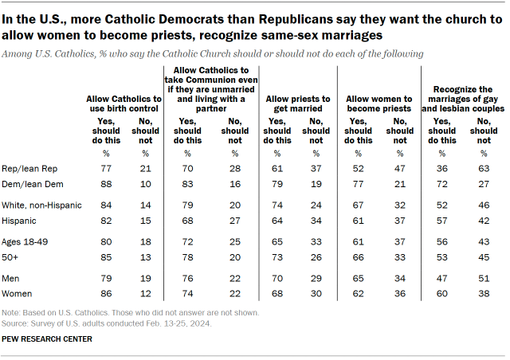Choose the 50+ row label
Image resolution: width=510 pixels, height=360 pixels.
(11, 256)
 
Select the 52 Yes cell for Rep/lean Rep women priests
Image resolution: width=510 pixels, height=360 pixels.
(359, 169)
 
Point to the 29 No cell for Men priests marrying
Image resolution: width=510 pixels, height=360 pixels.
(316, 279)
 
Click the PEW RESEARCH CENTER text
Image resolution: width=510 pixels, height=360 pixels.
(47, 339)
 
